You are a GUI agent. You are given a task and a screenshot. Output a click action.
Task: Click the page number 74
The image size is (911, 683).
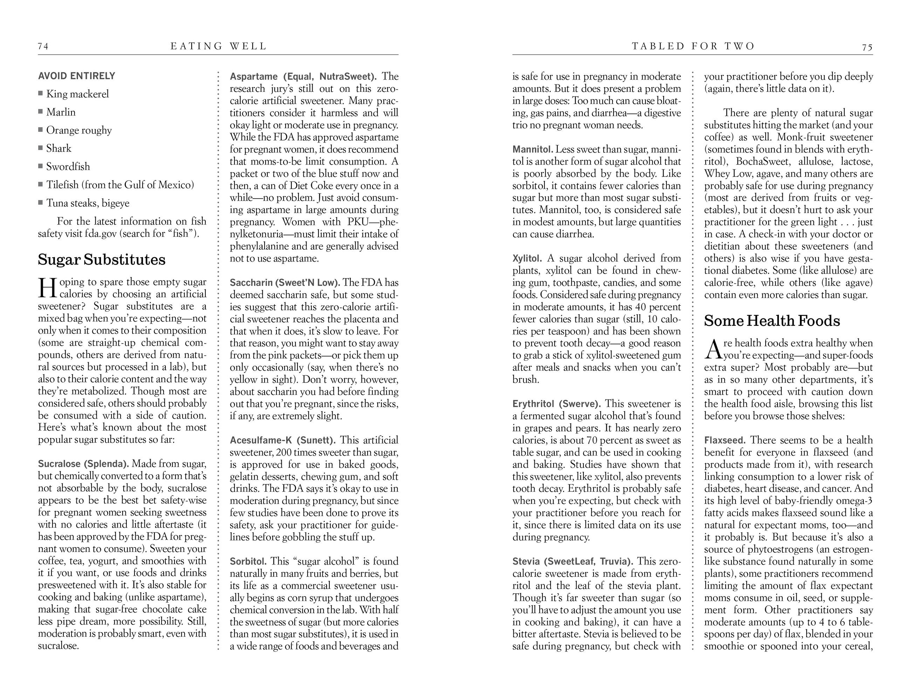[43, 47]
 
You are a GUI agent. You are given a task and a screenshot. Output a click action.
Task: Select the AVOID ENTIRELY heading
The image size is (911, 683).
[77, 76]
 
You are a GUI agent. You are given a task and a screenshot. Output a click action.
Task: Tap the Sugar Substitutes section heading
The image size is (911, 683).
[102, 260]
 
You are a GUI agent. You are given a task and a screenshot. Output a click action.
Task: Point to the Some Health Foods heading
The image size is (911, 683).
[772, 321]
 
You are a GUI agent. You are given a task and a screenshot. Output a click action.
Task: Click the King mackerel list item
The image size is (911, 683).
[77, 94]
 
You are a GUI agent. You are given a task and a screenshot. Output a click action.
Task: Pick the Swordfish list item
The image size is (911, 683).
[68, 167]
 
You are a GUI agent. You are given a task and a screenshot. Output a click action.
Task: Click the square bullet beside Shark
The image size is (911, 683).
[40, 148]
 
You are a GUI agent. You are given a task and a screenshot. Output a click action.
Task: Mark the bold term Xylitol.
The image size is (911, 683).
[527, 258]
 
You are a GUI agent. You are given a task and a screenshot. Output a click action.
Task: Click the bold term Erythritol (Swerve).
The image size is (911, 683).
[556, 404]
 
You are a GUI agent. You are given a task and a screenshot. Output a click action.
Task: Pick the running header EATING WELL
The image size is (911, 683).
[219, 47]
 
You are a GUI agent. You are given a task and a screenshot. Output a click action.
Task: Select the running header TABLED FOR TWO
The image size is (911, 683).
[693, 47]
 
